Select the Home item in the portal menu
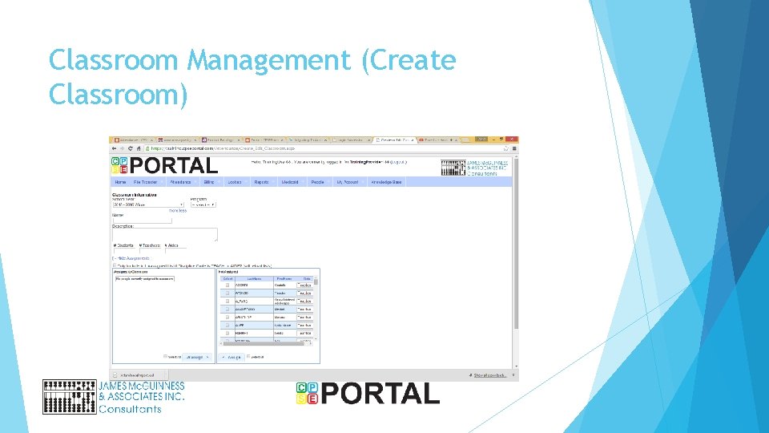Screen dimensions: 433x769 [120, 182]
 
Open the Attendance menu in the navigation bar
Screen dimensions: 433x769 [179, 182]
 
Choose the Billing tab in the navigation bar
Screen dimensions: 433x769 [208, 182]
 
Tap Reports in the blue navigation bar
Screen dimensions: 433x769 [261, 182]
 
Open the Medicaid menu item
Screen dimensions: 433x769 [289, 182]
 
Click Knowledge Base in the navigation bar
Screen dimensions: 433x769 [387, 182]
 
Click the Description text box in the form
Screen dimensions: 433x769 [164, 234]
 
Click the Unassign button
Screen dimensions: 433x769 [197, 357]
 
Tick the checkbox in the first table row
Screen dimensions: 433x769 [227, 285]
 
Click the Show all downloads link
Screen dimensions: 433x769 [491, 374]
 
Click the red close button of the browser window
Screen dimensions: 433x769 [514, 140]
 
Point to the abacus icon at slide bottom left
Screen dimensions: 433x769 [70, 396]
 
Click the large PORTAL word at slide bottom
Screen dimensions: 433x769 [380, 394]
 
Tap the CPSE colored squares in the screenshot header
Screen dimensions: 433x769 [119, 165]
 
